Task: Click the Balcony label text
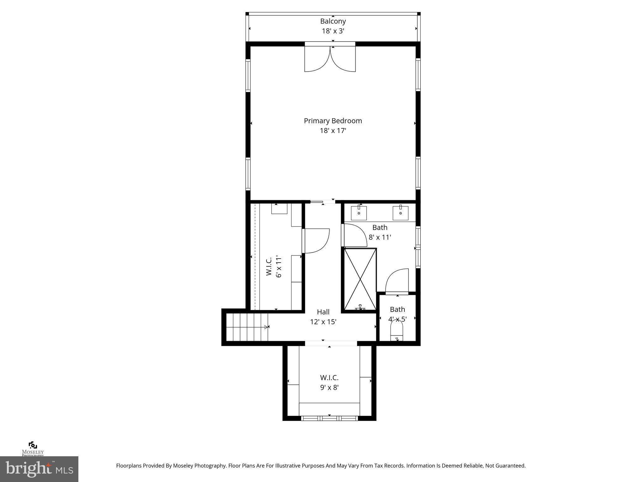[x=333, y=21]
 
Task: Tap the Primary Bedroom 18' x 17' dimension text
[x=333, y=131]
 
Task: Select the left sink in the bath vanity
[x=359, y=213]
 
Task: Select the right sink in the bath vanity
[x=400, y=213]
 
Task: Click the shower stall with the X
[x=360, y=279]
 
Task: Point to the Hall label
[x=323, y=312]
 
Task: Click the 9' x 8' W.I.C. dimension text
[x=329, y=388]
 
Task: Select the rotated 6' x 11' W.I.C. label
[x=274, y=267]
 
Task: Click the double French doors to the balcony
[x=330, y=59]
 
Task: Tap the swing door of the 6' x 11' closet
[x=316, y=241]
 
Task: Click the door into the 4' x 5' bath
[x=397, y=281]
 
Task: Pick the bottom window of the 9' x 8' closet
[x=329, y=418]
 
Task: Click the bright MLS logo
[x=39, y=469]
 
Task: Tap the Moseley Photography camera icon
[x=33, y=445]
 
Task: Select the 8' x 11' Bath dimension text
[x=380, y=238]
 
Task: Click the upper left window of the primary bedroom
[x=248, y=75]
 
